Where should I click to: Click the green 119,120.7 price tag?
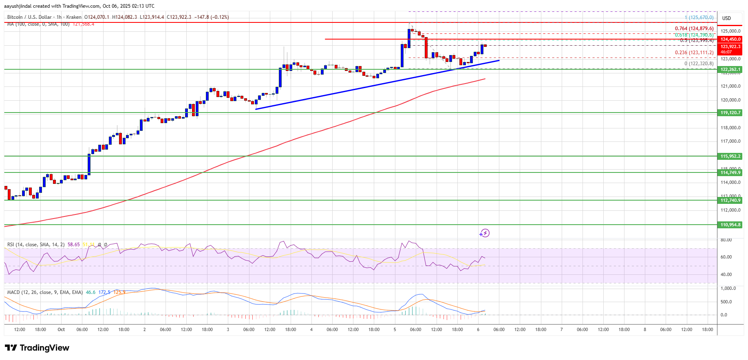[730, 113]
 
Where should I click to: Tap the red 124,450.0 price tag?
[730, 39]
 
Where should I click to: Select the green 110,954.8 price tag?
[730, 225]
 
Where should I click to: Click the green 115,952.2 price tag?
[730, 156]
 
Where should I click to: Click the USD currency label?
[726, 18]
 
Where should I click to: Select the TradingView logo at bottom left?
[37, 348]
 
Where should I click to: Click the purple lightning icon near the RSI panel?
[484, 233]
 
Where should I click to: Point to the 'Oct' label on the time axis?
[61, 329]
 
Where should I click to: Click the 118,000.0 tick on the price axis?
[730, 128]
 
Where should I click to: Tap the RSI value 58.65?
[74, 245]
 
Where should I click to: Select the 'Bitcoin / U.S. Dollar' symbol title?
[29, 17]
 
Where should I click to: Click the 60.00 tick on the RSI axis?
[726, 257]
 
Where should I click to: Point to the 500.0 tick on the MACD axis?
[726, 302]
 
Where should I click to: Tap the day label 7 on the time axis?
[561, 329]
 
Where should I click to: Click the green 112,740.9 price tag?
[730, 200]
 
